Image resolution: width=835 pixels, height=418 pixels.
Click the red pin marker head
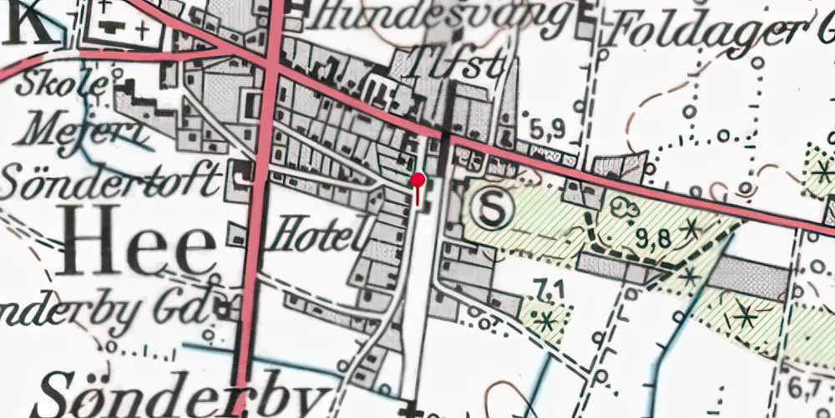pos(418,179)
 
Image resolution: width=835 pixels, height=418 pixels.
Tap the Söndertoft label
pos(111,178)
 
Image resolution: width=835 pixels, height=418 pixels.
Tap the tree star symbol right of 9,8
pos(691,226)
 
